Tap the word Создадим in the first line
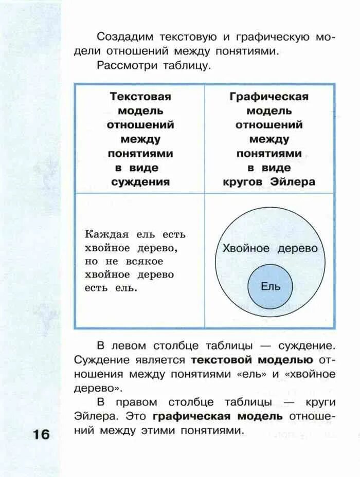tap(122, 37)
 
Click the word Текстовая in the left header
tap(140, 97)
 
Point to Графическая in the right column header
tap(269, 97)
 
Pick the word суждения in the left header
tap(140, 181)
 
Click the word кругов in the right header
tap(244, 181)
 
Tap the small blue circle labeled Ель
tap(271, 286)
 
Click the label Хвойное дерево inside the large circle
tap(270, 248)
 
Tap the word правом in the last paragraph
tap(133, 402)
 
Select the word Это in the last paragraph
tap(138, 416)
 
